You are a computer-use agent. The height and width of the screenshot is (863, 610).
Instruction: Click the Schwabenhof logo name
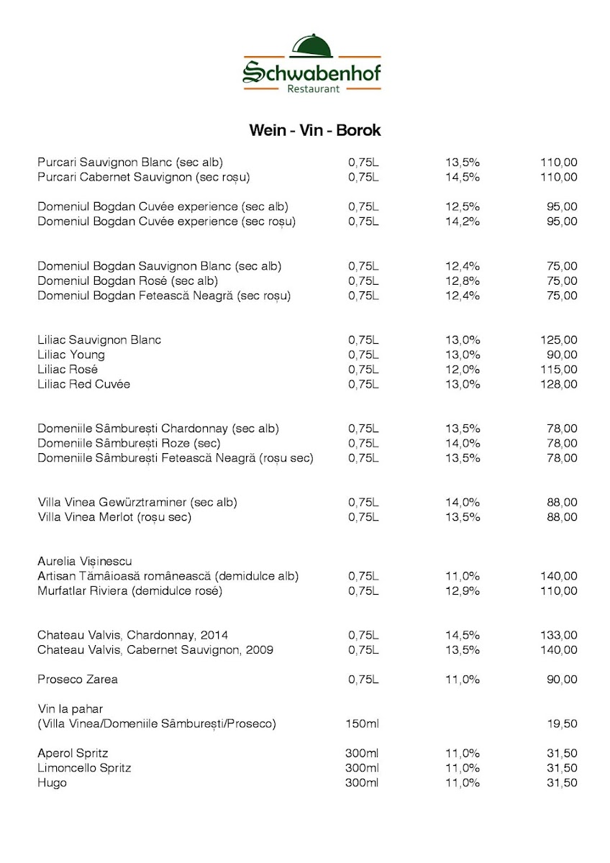(x=312, y=71)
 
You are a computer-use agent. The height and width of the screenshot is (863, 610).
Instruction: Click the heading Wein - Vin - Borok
(x=314, y=130)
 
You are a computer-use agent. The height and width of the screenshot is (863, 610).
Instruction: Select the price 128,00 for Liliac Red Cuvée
(x=558, y=384)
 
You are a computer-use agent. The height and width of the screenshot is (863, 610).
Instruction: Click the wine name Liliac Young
(x=71, y=355)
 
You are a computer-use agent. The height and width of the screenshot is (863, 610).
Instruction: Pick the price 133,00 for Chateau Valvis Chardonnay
(x=558, y=635)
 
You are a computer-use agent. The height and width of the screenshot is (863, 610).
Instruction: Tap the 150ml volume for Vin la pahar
(x=362, y=723)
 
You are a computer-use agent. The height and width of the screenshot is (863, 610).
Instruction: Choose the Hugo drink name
(x=52, y=782)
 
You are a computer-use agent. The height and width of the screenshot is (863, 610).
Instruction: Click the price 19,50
(x=562, y=723)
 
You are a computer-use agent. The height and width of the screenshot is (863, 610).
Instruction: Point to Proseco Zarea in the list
(x=78, y=680)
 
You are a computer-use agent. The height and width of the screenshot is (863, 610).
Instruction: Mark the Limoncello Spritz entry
(x=84, y=768)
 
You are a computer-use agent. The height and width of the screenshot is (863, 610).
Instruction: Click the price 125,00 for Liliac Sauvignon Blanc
(x=558, y=339)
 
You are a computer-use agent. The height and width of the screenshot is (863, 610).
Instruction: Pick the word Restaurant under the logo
(x=313, y=89)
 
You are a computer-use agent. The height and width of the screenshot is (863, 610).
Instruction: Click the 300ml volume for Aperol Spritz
(x=362, y=753)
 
